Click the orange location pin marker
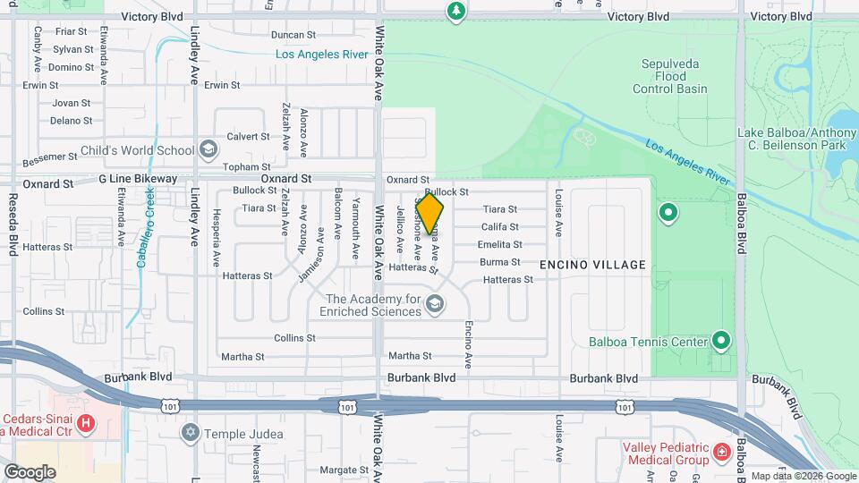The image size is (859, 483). pos(429,213)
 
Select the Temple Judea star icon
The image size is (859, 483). pos(189,434)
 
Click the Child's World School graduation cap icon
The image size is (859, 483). pos(208,149)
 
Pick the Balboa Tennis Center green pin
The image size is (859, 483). pos(722,341)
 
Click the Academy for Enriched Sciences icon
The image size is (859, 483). pos(435,304)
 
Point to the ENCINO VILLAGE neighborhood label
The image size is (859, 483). pos(592,265)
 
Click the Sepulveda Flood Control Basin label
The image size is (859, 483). pos(670,76)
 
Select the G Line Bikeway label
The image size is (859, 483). pos(138,179)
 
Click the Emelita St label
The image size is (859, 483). pos(499,243)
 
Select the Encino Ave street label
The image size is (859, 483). pos(468,344)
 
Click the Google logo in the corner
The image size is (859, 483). pos(30,471)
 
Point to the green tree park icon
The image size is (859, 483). pos(456,11)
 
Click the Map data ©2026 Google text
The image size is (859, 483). pos(804,476)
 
